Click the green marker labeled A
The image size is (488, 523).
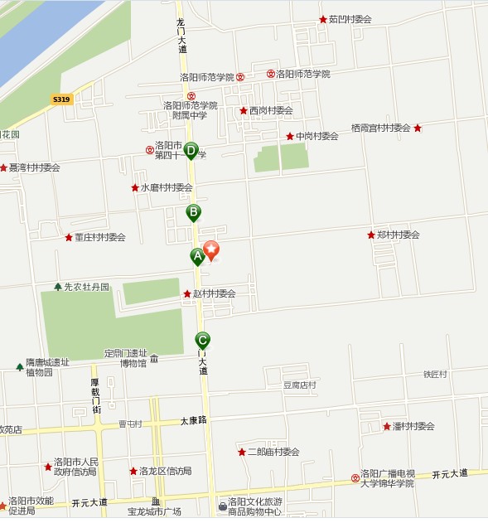pos(197,256)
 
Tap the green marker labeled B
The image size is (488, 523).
pos(193,212)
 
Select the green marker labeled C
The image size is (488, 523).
pos(202,339)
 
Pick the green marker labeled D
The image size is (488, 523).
pos(191,151)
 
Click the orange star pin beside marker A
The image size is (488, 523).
pos(211,249)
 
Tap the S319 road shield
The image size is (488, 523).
pos(61,99)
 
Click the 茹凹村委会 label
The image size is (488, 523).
pos(350,19)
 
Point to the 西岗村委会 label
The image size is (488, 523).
pos(271,110)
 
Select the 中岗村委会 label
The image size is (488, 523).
pos(316,136)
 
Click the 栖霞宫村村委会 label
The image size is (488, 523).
pos(380,128)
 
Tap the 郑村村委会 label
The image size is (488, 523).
pos(398,235)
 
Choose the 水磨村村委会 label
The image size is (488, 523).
pos(166,187)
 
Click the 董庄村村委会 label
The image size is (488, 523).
pos(99,237)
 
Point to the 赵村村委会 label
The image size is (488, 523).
pos(214,293)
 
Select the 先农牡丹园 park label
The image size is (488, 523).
pos(86,287)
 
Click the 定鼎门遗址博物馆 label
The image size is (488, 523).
pos(126,357)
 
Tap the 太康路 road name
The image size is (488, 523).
pos(193,420)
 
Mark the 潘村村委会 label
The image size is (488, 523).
pos(413,426)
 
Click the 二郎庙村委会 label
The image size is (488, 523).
pos(273,452)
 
